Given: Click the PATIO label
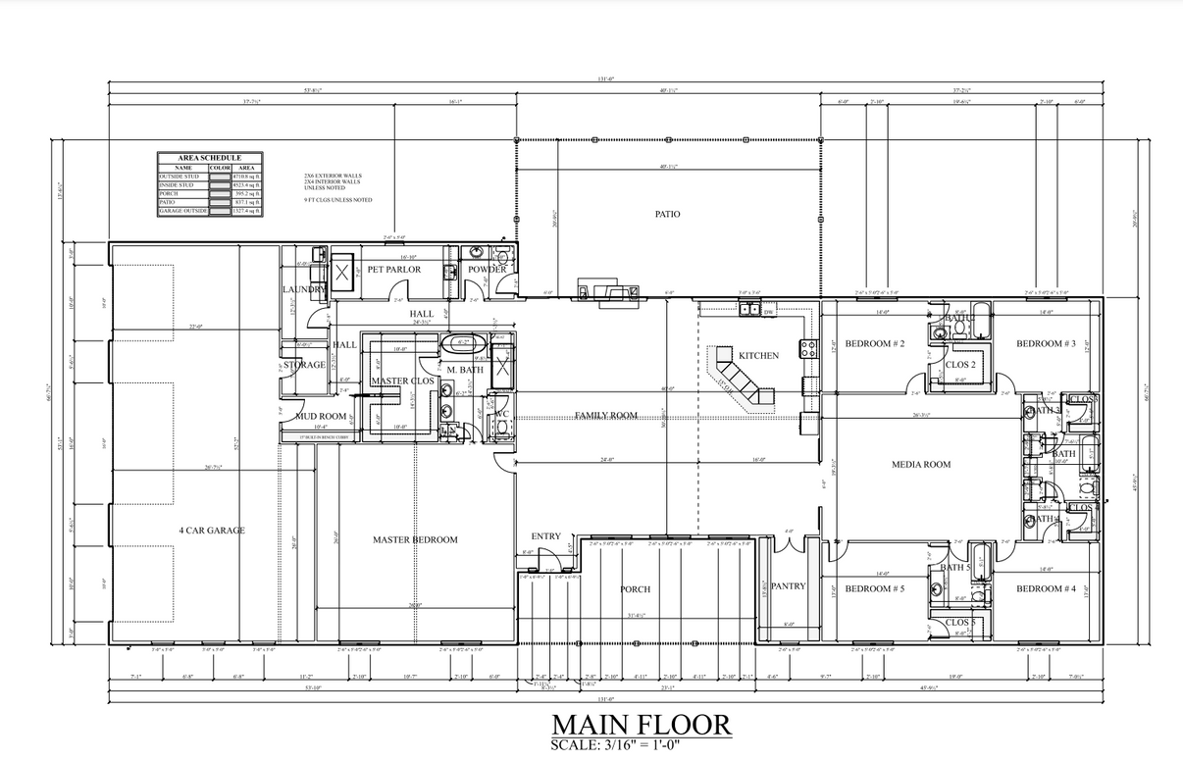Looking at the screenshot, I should [667, 214].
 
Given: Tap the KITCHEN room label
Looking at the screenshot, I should [758, 355].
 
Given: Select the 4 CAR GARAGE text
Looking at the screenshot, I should [211, 531].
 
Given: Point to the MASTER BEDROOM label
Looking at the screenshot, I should [414, 539].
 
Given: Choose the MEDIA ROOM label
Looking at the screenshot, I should [920, 465].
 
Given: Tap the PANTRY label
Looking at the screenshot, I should [788, 586].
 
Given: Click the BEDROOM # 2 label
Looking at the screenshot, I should [874, 343].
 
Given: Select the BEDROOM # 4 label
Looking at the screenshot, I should [1046, 588].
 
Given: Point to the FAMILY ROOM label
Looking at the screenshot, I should [605, 415].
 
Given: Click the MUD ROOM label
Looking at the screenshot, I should [322, 416].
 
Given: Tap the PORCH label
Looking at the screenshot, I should [635, 589].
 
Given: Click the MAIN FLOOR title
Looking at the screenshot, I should [642, 725].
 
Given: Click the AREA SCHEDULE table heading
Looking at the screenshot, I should [210, 158].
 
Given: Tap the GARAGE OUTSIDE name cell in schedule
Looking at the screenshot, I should [183, 211].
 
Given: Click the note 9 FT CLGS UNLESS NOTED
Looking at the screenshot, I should [338, 200].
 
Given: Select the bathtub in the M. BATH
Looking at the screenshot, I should [458, 344].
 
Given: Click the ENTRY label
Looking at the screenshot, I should [545, 536].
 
